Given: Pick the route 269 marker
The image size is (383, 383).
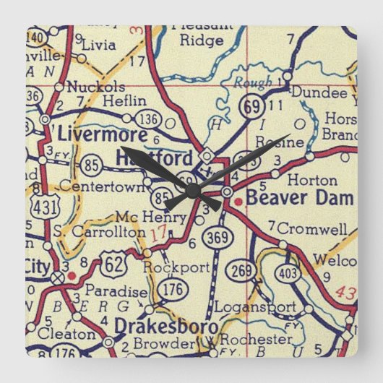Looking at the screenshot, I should pyautogui.click(x=242, y=271).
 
